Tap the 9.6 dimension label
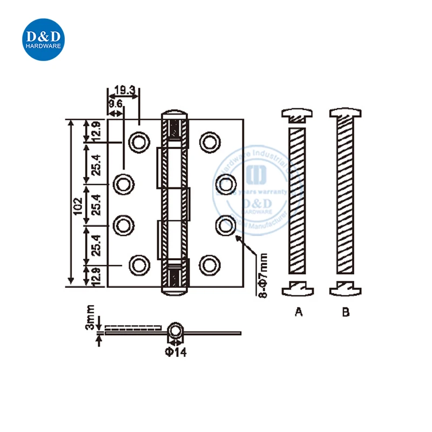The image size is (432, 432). tap(115, 103)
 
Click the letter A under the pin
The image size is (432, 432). tap(298, 312)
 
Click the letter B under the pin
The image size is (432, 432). tap(346, 312)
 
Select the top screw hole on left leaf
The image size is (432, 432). tap(138, 141)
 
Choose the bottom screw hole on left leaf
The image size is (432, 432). tap(138, 264)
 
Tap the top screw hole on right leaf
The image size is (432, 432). tap(208, 141)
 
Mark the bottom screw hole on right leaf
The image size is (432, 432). tap(208, 264)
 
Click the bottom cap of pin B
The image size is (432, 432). tap(346, 288)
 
